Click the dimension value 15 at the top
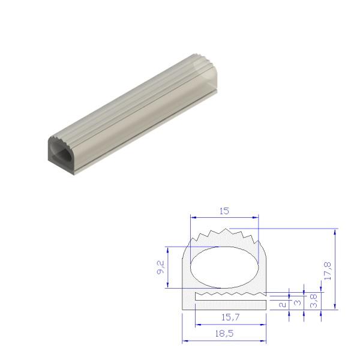pos(224,211)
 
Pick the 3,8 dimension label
pos(314,299)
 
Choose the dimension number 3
pos(298,304)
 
